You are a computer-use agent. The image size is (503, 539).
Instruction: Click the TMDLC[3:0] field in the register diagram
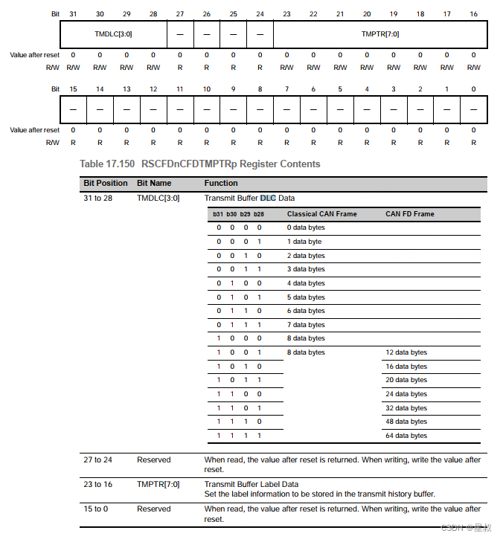pyautogui.click(x=113, y=33)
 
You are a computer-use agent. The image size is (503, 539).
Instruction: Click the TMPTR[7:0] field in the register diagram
pyautogui.click(x=380, y=33)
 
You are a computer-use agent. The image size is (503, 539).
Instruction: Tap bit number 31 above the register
pyautogui.click(x=73, y=14)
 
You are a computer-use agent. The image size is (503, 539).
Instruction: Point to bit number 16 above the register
pyautogui.click(x=473, y=14)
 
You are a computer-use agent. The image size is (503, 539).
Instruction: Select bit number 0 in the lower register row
pyautogui.click(x=473, y=89)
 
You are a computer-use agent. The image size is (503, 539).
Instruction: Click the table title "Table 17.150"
pyautogui.click(x=106, y=164)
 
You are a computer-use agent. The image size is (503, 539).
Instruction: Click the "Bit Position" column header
pyautogui.click(x=106, y=183)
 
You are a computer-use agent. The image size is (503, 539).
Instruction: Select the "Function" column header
pyautogui.click(x=221, y=183)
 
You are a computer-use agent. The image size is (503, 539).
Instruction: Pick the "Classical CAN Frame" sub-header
pyautogui.click(x=321, y=214)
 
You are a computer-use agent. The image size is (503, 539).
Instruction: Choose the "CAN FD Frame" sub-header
pyautogui.click(x=409, y=214)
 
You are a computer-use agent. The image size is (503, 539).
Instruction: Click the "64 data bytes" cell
pyautogui.click(x=406, y=436)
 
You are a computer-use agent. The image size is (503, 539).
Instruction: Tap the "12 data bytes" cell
pyautogui.click(x=406, y=352)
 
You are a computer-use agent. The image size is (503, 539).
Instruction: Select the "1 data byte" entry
pyautogui.click(x=304, y=242)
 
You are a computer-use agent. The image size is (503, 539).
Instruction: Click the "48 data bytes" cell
pyautogui.click(x=406, y=422)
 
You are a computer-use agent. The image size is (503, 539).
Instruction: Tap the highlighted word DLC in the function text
pyautogui.click(x=268, y=198)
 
